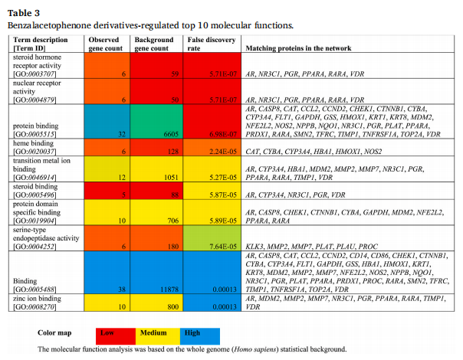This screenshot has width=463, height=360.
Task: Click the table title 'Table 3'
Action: pos(24,13)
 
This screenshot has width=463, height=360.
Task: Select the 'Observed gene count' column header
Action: pos(105,43)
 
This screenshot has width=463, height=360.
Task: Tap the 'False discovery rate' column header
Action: pos(209,43)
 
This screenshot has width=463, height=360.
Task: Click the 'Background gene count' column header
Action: pos(156,43)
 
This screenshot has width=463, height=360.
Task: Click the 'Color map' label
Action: pos(55,333)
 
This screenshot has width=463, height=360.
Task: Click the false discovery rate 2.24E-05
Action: pos(219,152)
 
